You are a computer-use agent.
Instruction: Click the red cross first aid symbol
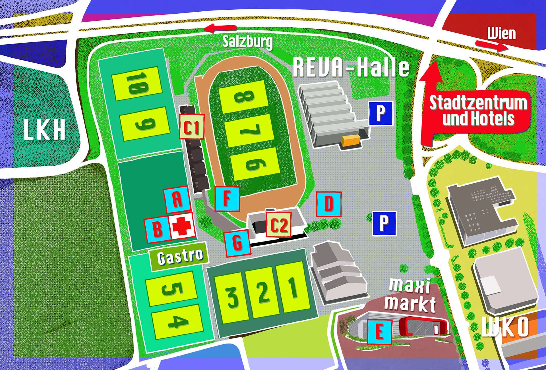182,226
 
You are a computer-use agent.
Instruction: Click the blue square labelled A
177,199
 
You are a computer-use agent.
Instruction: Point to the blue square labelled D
329,204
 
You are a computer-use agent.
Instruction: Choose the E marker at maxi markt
380,332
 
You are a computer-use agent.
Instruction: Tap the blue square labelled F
227,199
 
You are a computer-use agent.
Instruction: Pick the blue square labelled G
237,243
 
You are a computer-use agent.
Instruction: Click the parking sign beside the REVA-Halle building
381,113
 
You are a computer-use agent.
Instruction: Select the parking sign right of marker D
384,223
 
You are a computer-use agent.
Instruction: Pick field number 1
293,287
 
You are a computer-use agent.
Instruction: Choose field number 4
177,322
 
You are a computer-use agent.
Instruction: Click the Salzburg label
247,42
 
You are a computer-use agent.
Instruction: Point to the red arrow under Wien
491,45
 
